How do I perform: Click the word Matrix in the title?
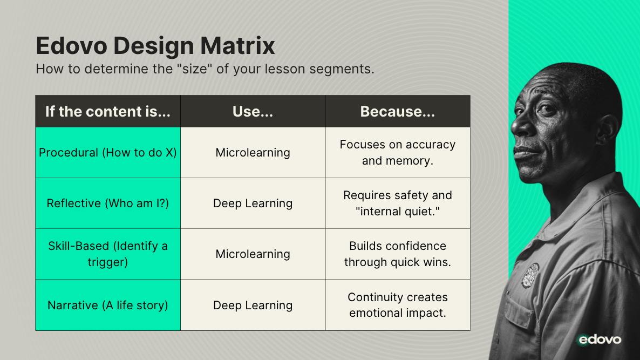tap(237, 45)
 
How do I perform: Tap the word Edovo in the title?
tap(71, 45)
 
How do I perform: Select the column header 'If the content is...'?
tap(108, 111)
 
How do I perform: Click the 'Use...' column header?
tap(253, 111)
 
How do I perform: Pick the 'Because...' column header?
tap(398, 111)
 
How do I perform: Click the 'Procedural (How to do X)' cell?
tap(108, 153)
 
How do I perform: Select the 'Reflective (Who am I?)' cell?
tap(108, 203)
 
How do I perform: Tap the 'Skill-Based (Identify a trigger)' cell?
tap(108, 254)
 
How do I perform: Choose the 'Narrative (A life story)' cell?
tap(108, 305)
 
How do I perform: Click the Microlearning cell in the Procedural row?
tap(253, 153)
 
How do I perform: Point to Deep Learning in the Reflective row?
tap(253, 203)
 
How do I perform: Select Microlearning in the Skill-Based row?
tap(253, 254)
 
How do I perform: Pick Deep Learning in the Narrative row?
tap(253, 305)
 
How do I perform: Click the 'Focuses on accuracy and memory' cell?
tap(398, 153)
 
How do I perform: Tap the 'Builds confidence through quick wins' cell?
tap(398, 254)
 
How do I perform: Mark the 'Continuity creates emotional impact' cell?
tap(398, 305)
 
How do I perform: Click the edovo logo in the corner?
tap(600, 339)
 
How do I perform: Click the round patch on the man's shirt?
tap(530, 275)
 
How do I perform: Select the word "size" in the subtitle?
tap(194, 69)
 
